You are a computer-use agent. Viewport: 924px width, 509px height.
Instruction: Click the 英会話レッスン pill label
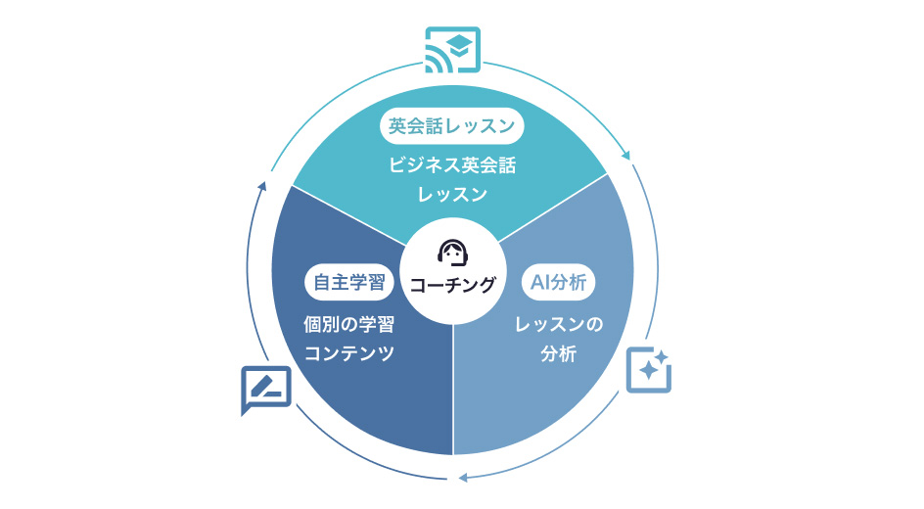click(x=451, y=126)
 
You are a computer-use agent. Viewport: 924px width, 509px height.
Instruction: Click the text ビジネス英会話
click(x=451, y=165)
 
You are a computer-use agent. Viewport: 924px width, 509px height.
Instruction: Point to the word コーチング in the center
click(x=452, y=285)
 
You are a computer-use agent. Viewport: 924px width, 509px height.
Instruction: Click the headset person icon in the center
click(x=452, y=253)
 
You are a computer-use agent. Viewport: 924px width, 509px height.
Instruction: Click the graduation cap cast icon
click(x=452, y=50)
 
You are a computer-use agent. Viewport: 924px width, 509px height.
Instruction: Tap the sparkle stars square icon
click(x=648, y=369)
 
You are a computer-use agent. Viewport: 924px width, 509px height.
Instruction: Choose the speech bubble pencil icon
click(x=265, y=389)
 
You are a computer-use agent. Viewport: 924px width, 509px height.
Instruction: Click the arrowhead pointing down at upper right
click(x=625, y=155)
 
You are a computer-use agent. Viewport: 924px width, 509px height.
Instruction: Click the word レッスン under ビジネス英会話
click(x=451, y=195)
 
